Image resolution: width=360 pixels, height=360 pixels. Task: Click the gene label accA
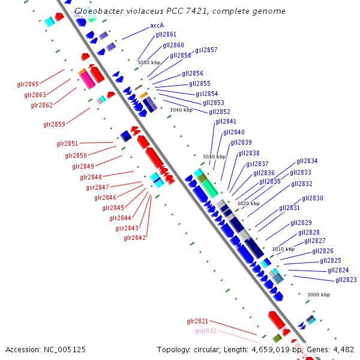157,26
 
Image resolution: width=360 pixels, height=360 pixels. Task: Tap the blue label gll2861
166,35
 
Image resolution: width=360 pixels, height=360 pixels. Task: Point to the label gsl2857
206,50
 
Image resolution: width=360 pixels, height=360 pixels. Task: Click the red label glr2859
54,124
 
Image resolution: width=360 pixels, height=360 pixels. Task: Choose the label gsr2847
97,187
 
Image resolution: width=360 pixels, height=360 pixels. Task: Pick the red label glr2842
134,238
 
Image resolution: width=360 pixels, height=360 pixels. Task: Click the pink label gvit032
205,331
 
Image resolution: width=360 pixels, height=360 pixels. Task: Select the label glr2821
197,321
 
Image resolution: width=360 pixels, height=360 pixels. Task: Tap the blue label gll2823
346,280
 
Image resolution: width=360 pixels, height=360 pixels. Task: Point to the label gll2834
307,161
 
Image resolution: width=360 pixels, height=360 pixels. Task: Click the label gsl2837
257,164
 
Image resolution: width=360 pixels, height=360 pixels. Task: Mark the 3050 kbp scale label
149,62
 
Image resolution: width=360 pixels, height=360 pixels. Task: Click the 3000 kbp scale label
319,295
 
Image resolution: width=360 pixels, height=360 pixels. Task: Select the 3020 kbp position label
248,203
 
